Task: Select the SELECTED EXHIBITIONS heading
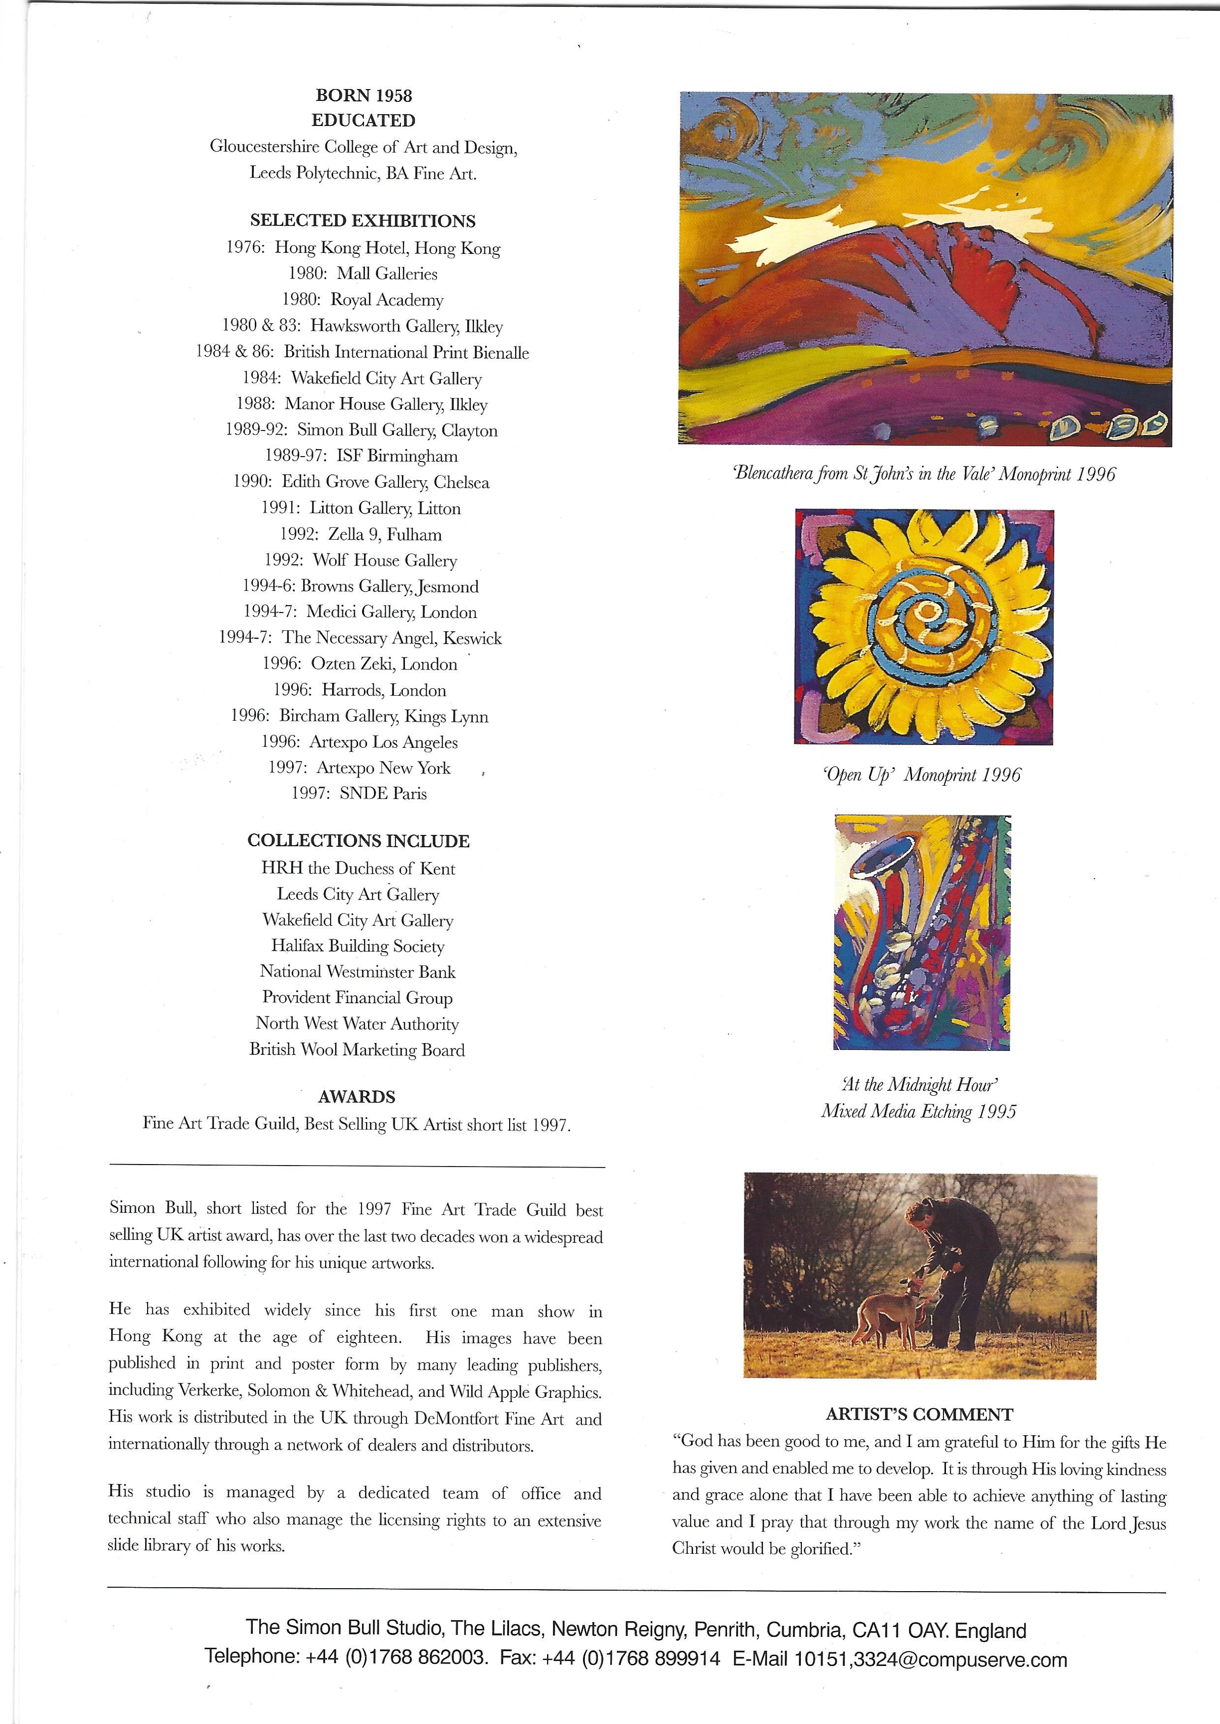363,221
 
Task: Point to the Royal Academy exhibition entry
363,300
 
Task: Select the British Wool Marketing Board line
358,1049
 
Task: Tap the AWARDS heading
357,1097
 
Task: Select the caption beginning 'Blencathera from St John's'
924,474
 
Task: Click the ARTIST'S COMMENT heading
919,1415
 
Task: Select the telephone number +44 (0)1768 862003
396,1660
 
